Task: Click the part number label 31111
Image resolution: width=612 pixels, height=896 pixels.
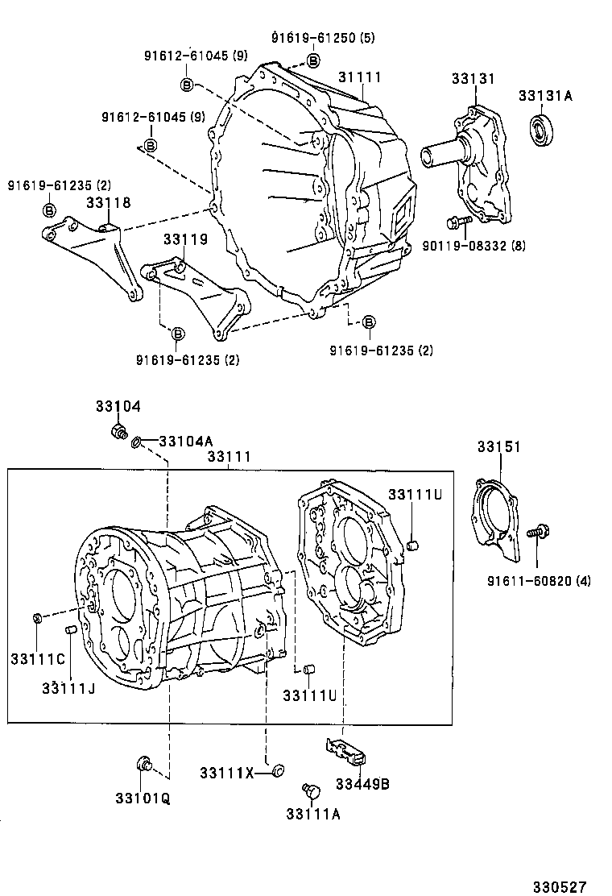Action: (359, 77)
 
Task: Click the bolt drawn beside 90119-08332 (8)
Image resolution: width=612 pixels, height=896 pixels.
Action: (455, 220)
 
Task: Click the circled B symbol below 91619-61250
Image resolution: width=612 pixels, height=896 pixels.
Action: (313, 60)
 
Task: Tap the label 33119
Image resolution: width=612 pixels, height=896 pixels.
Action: (185, 239)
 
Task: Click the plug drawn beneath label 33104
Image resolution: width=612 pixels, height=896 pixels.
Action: (119, 432)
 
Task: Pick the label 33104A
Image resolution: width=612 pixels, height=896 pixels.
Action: (186, 441)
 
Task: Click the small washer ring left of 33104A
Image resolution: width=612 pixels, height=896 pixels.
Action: (138, 442)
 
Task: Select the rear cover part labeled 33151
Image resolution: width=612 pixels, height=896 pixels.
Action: (493, 516)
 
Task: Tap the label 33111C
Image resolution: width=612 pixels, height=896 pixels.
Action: (38, 659)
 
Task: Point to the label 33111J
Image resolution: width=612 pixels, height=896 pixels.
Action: (70, 687)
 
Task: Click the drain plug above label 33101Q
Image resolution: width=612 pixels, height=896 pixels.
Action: (144, 763)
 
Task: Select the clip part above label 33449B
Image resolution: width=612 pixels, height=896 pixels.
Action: (347, 753)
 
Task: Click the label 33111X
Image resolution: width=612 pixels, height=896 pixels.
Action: (227, 774)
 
